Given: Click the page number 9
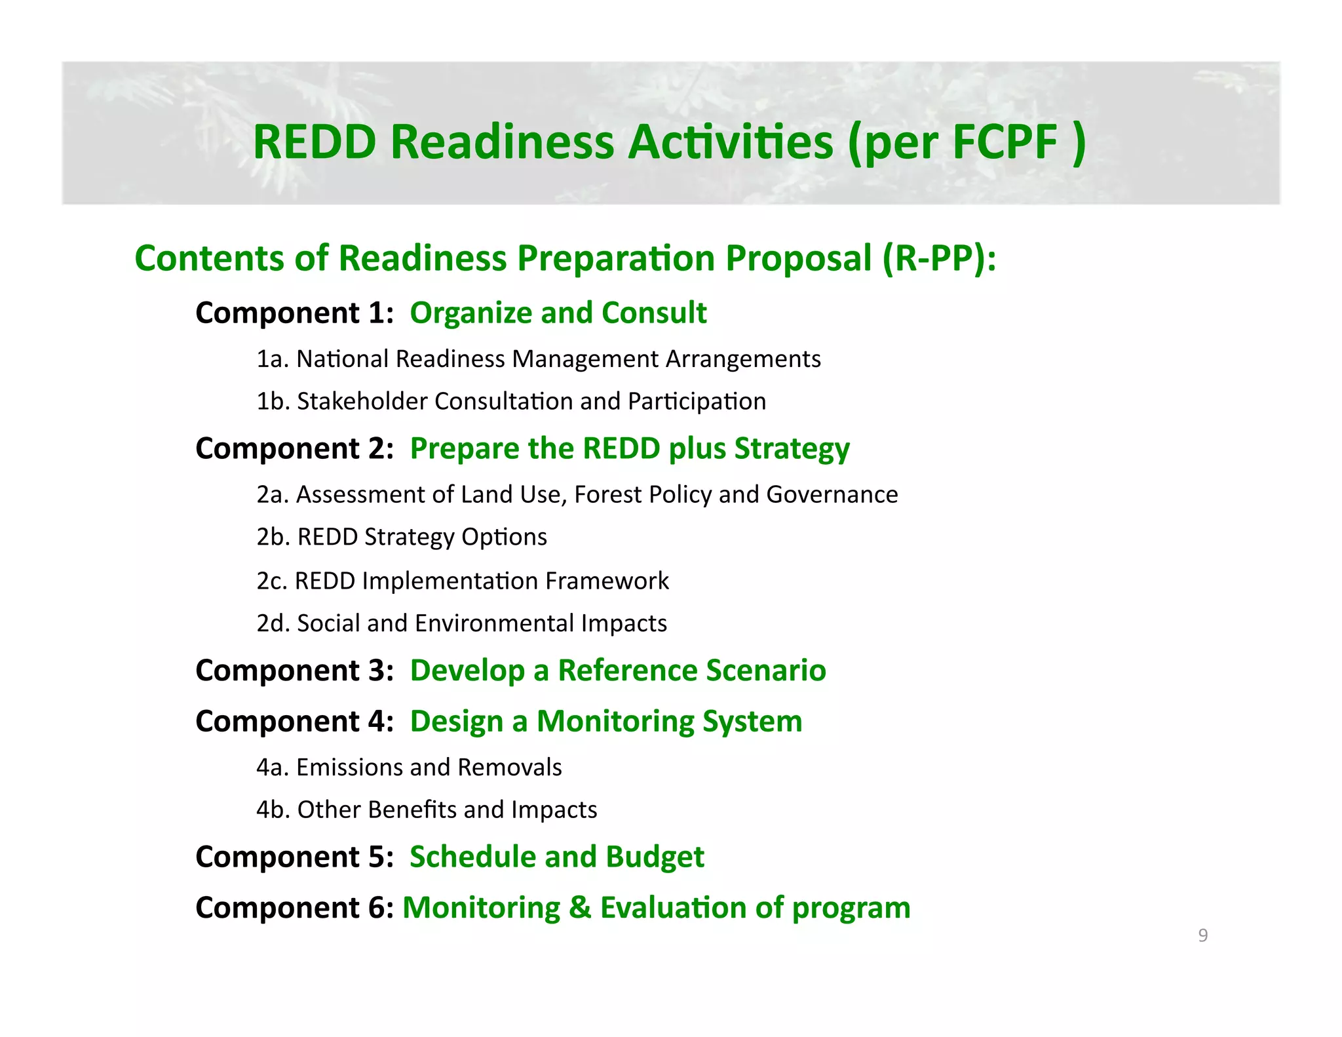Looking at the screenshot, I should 1202,935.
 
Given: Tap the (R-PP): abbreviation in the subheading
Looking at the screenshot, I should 939,258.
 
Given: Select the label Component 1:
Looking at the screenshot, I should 294,313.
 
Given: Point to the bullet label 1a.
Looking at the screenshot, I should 273,359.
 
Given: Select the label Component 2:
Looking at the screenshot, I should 294,448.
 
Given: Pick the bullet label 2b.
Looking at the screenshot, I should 273,537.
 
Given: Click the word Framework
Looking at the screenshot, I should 607,581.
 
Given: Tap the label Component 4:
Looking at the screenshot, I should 294,721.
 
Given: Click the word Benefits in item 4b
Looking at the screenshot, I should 402,810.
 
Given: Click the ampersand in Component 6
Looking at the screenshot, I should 580,908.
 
